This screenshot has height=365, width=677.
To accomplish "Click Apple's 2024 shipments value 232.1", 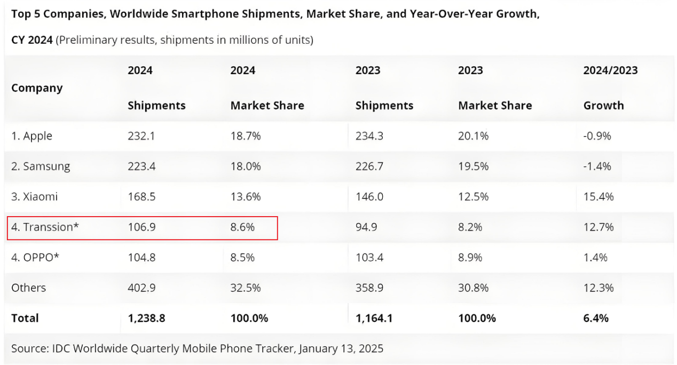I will pyautogui.click(x=141, y=136).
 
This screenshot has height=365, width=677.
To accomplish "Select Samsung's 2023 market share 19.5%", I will pyautogui.click(x=473, y=166).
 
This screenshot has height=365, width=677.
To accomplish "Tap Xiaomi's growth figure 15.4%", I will pyautogui.click(x=599, y=197).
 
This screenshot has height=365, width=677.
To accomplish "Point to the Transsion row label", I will pyautogui.click(x=45, y=227).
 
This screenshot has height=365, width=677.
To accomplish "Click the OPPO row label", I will pyautogui.click(x=35, y=258).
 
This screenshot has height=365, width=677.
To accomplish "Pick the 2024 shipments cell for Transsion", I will pyautogui.click(x=141, y=227).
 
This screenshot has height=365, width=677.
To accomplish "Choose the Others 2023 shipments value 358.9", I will pyautogui.click(x=369, y=288).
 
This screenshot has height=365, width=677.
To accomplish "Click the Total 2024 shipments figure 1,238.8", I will pyautogui.click(x=146, y=319).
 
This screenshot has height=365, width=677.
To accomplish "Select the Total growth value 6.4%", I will pyautogui.click(x=596, y=319).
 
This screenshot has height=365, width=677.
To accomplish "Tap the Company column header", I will pyautogui.click(x=37, y=88).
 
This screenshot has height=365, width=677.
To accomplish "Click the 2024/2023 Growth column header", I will pyautogui.click(x=610, y=88).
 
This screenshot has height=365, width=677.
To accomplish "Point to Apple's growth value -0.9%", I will pyautogui.click(x=597, y=136).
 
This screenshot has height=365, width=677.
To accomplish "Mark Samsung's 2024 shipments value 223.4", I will pyautogui.click(x=141, y=166).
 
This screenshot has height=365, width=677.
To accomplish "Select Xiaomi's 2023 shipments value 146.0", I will pyautogui.click(x=369, y=197).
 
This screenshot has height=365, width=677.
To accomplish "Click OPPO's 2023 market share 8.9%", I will pyautogui.click(x=470, y=258).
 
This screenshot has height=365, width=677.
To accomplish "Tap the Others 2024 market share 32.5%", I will pyautogui.click(x=246, y=288).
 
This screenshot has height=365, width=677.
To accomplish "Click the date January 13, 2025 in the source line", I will pyautogui.click(x=341, y=349).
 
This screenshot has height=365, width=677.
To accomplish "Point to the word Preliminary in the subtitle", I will pyautogui.click(x=88, y=40).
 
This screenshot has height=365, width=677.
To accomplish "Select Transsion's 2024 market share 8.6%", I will pyautogui.click(x=242, y=227).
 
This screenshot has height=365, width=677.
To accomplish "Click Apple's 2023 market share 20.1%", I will pyautogui.click(x=473, y=136).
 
